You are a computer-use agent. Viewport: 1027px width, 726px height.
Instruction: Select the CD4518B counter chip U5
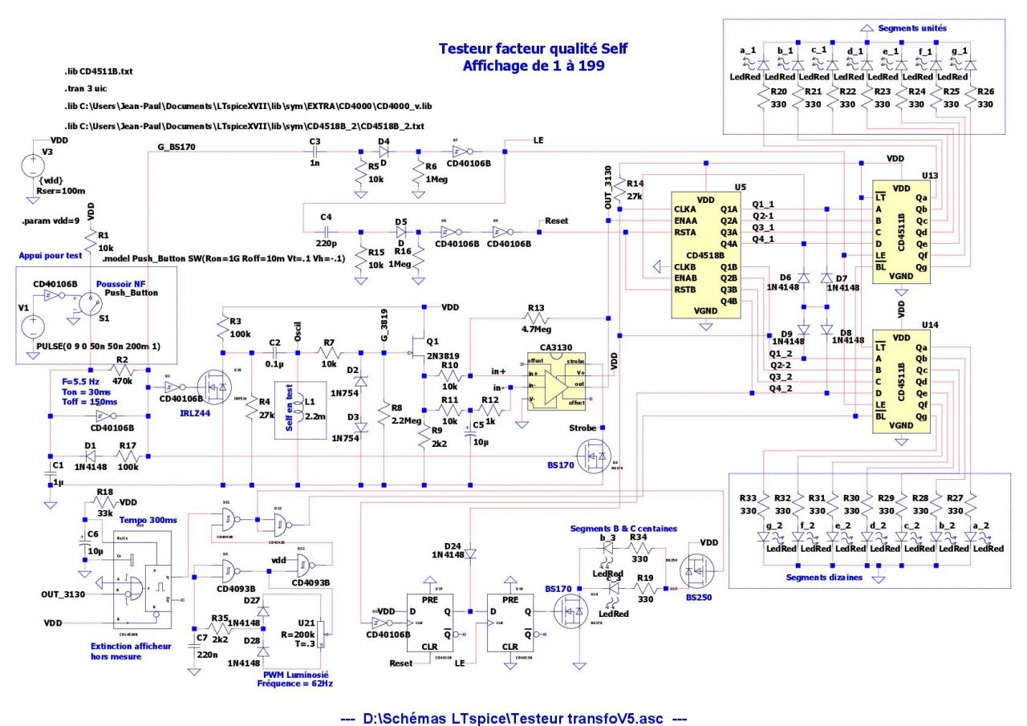tap(706, 254)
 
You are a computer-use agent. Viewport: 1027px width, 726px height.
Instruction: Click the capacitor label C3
tap(315, 140)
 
